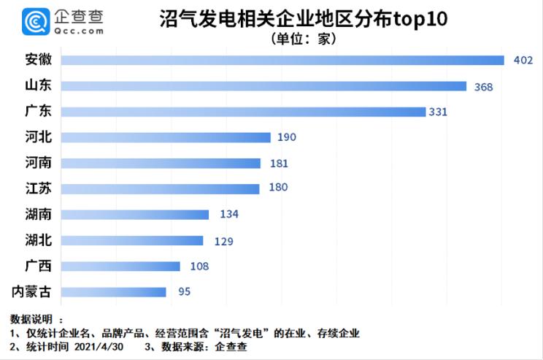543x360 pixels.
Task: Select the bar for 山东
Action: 263,86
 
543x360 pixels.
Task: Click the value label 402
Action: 523,61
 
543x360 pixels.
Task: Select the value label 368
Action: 483,87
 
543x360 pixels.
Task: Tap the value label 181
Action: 277,164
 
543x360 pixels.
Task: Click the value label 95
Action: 184,292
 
